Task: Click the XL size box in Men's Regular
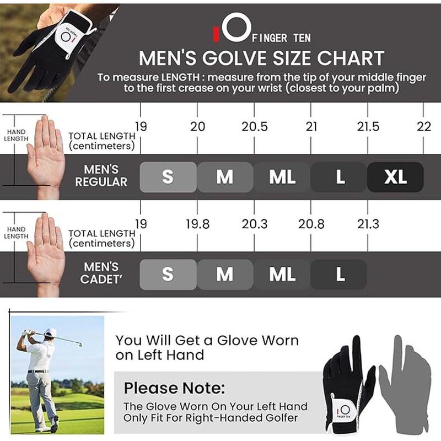395,177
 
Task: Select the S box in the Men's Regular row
168,177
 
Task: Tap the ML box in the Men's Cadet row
282,275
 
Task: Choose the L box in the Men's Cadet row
338,275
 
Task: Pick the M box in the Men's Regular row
224,177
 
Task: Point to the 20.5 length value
255,127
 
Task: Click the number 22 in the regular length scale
424,127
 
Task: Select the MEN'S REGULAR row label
101,176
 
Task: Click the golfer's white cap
51,332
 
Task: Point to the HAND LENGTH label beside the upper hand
17,136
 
